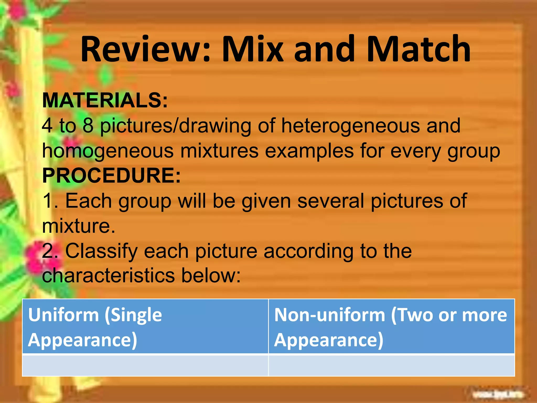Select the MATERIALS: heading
105,100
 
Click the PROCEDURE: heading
111,175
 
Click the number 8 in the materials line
88,125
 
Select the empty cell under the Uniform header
145,365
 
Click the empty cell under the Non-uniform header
391,365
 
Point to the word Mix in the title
253,49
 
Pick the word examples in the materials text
309,151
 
